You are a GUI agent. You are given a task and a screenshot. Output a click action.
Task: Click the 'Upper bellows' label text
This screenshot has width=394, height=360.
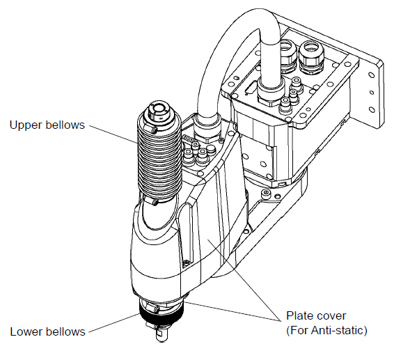click(47, 125)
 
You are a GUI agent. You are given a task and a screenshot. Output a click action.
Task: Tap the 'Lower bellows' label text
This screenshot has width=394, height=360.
click(47, 331)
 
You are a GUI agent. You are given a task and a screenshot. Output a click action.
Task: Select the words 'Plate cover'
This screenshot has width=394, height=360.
click(316, 315)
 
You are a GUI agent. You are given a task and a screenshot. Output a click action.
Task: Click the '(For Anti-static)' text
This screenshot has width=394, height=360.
click(326, 330)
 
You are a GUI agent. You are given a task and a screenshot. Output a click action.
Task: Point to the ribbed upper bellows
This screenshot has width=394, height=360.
click(159, 164)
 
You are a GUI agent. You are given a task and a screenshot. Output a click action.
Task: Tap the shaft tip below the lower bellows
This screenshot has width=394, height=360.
click(160, 335)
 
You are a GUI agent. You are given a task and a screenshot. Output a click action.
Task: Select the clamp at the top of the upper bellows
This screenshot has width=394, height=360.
click(153, 130)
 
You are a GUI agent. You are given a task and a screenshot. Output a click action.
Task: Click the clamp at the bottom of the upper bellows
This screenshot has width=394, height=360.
click(153, 201)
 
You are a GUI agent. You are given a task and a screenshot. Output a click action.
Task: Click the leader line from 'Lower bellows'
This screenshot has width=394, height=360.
click(114, 323)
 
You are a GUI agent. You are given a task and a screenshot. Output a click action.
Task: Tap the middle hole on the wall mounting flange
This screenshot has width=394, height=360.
click(372, 93)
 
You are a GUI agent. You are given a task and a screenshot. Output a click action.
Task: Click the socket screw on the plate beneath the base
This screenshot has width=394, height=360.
click(266, 194)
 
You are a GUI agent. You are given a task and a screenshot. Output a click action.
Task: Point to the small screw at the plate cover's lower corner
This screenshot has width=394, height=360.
click(186, 263)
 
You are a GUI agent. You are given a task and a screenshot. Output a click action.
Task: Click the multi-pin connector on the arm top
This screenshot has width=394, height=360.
click(187, 139)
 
